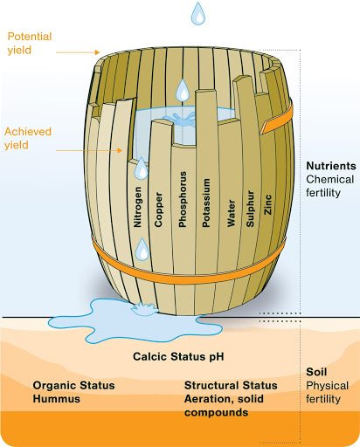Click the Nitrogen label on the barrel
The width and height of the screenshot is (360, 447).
pyautogui.click(x=137, y=207)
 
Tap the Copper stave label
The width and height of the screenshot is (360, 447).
pyautogui.click(x=158, y=210)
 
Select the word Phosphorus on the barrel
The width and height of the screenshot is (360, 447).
pyautogui.click(x=183, y=199)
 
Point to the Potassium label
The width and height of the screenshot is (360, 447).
pyautogui.click(x=206, y=203)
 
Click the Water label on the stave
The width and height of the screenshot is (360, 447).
pyautogui.click(x=231, y=213)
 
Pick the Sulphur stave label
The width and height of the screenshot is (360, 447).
pyautogui.click(x=250, y=209)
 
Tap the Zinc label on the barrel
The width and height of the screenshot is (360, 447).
pyautogui.click(x=268, y=205)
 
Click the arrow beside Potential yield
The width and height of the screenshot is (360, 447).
pyautogui.click(x=78, y=52)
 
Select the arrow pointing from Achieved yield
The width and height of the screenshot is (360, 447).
pyautogui.click(x=89, y=150)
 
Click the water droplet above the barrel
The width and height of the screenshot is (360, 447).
pyautogui.click(x=198, y=13)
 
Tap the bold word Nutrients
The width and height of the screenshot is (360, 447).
pyautogui.click(x=331, y=166)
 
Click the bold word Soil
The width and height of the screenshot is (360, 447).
pyautogui.click(x=316, y=372)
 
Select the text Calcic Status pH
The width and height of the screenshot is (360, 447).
pyautogui.click(x=178, y=356)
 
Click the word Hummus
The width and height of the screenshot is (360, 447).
pyautogui.click(x=57, y=399)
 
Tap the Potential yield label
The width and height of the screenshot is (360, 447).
pyautogui.click(x=30, y=44)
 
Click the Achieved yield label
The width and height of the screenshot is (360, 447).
pyautogui.click(x=28, y=138)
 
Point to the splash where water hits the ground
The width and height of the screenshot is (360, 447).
pyautogui.click(x=143, y=309)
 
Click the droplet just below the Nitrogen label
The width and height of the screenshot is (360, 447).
pyautogui.click(x=142, y=249)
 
